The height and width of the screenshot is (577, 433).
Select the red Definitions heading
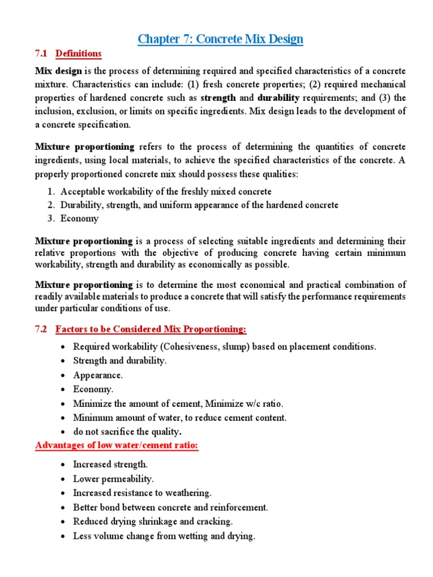78,54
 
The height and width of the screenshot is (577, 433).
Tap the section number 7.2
43,329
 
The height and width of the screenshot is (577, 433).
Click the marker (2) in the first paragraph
316,85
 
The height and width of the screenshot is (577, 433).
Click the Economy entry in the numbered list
79,219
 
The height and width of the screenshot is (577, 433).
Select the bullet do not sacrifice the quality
127,433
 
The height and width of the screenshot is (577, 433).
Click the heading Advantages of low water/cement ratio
117,446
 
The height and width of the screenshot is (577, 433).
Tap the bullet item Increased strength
111,464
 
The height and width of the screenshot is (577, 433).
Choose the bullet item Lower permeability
113,479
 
